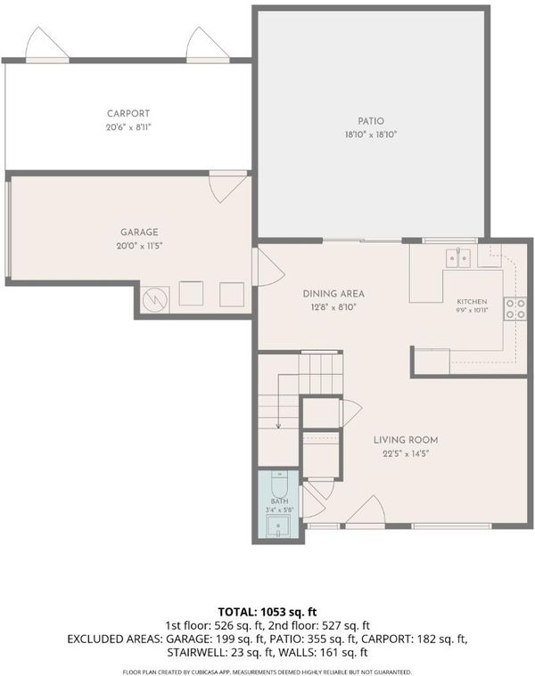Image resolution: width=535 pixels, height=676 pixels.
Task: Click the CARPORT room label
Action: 128,113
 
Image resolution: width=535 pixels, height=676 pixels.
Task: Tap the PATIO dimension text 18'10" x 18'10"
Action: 371,134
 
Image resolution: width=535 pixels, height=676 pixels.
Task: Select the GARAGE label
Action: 139,232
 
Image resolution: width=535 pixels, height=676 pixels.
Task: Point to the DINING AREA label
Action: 333,294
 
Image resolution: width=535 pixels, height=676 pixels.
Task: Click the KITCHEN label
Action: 472,302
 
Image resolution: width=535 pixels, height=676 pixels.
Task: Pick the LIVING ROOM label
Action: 406,440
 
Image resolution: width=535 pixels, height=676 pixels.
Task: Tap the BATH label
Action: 280,501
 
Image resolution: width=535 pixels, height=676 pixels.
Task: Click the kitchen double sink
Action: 457,257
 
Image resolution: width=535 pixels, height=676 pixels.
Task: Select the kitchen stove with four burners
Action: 515,308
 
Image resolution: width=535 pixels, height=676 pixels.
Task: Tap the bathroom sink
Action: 278,526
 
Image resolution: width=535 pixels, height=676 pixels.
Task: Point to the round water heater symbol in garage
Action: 155,299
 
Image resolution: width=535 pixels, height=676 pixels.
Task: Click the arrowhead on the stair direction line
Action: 278,426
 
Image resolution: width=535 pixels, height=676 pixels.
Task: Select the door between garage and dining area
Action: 268,266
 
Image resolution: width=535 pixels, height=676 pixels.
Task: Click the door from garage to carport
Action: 227,187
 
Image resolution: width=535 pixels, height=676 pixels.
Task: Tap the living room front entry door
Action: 365,512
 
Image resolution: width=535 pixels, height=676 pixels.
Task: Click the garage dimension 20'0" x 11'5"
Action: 139,246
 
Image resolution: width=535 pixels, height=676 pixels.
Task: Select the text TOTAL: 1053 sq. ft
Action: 267,612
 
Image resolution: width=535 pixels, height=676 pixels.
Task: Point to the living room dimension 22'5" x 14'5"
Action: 406,453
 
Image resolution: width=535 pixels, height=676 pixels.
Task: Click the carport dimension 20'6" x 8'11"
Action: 128,127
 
